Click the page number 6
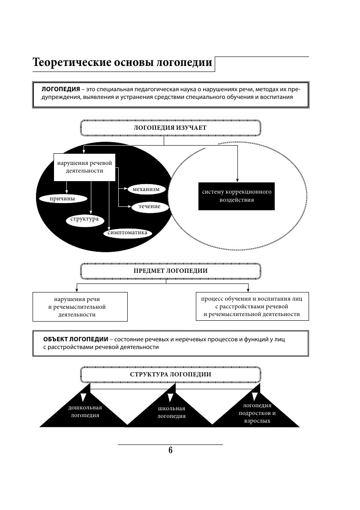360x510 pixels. [170, 450]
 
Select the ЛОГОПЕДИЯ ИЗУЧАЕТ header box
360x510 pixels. [170, 128]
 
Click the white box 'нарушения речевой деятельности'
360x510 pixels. [84, 167]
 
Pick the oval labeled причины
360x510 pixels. [63, 199]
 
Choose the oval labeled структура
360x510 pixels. [84, 219]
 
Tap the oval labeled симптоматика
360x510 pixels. [128, 233]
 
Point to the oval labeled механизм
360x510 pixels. [146, 189]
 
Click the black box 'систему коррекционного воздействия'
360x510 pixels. [237, 196]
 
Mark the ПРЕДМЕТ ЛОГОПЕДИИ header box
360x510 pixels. [170, 271]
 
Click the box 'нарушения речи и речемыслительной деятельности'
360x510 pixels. [80, 307]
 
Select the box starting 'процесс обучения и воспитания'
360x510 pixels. [252, 306]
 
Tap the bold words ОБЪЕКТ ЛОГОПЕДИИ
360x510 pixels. [75, 339]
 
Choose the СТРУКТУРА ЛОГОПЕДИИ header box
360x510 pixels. [170, 374]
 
